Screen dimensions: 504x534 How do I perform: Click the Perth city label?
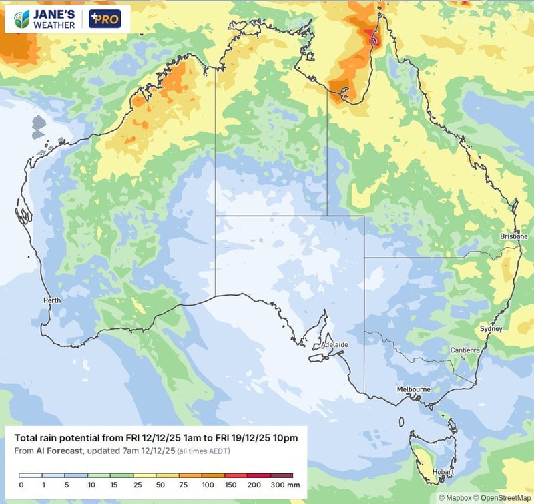point(52,300)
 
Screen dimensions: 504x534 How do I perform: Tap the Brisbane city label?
point(513,236)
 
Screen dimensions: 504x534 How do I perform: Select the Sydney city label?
point(491,329)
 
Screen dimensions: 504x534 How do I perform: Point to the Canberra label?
point(465,350)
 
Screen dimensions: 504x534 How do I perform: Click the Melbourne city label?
point(413,389)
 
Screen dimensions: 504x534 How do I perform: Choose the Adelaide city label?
point(334,344)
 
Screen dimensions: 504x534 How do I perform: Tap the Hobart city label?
point(443,472)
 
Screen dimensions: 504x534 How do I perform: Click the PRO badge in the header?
point(105,19)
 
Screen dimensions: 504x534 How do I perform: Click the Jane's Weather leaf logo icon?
point(22,19)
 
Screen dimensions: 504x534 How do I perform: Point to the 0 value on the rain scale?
point(21,484)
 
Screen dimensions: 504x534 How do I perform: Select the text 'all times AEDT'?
point(206,451)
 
